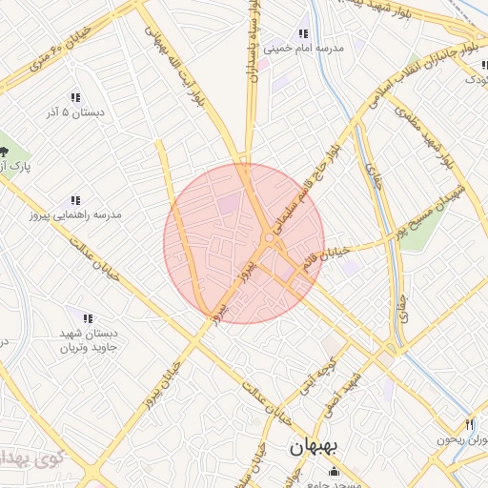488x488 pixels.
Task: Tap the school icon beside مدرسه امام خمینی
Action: (x=304, y=31)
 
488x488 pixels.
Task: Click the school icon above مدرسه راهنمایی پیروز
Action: (x=74, y=201)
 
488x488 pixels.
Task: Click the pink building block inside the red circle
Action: (x=230, y=202)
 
